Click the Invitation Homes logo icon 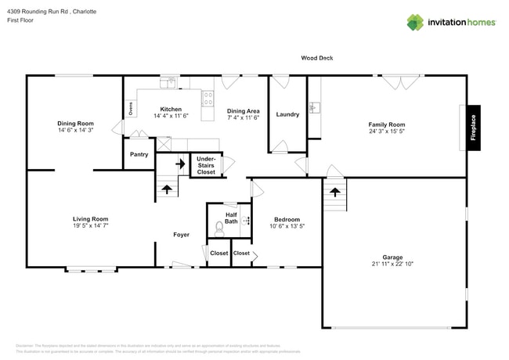415,22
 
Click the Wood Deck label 317,58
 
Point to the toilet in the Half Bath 220,229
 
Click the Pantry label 139,155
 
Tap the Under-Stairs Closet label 206,165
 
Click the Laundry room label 287,115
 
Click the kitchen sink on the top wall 167,82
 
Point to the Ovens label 130,108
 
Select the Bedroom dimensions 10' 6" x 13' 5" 287,227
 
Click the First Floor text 21,21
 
